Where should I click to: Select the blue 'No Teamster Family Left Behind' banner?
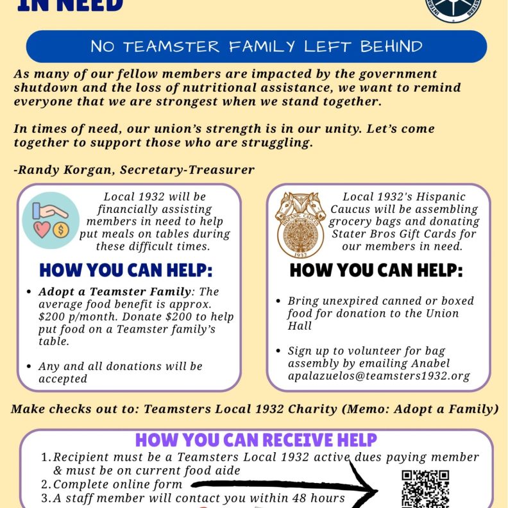[x=256, y=47]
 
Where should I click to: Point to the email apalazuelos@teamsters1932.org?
[x=379, y=377]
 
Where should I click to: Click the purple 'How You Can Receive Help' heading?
[x=256, y=440]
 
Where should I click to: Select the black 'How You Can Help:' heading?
[x=376, y=270]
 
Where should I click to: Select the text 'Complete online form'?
[x=118, y=484]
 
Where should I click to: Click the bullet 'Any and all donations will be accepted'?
[x=120, y=372]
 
